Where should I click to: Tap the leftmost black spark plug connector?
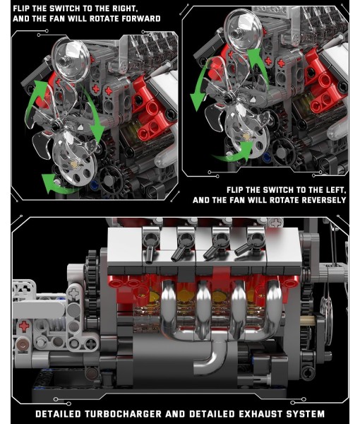point(151,245)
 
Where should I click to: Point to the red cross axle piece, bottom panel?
point(25,326)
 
